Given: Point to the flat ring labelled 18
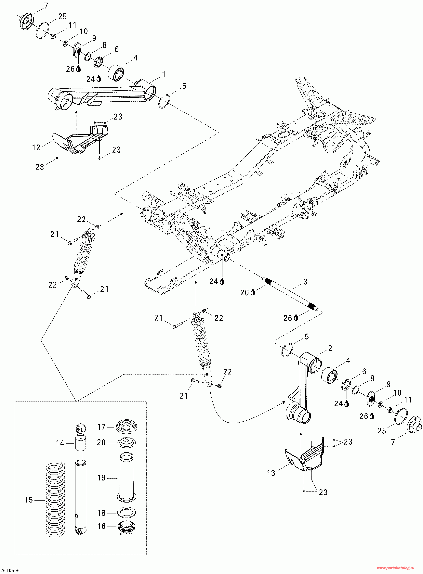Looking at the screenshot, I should (x=126, y=513).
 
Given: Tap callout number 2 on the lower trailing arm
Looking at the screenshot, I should (x=330, y=348).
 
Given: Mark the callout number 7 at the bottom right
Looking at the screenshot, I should (x=393, y=441).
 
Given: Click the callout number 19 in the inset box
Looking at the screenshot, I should (x=101, y=478).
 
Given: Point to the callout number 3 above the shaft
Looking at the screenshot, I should (x=305, y=282).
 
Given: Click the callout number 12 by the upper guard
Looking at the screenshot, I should (x=36, y=148).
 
